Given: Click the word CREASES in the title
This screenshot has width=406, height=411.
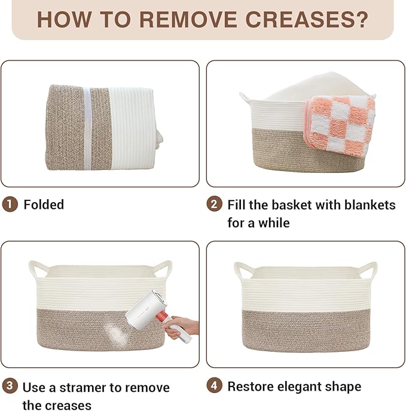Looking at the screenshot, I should click(299, 19).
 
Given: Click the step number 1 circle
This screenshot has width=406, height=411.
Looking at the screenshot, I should click(10, 205).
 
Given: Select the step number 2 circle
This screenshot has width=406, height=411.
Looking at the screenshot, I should click(214, 205).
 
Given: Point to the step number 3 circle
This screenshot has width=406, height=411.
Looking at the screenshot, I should click(10, 386).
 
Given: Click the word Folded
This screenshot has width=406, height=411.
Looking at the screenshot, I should click(44, 205).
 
